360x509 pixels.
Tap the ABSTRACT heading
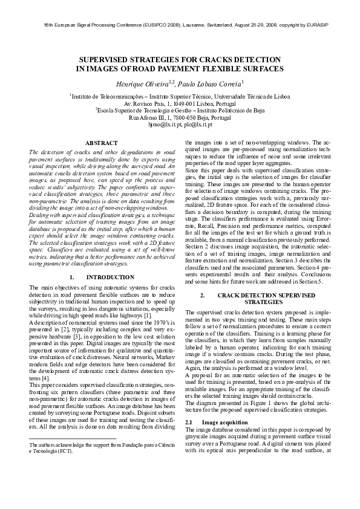click(x=101, y=143)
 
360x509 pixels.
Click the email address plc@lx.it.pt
click(x=197, y=125)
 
